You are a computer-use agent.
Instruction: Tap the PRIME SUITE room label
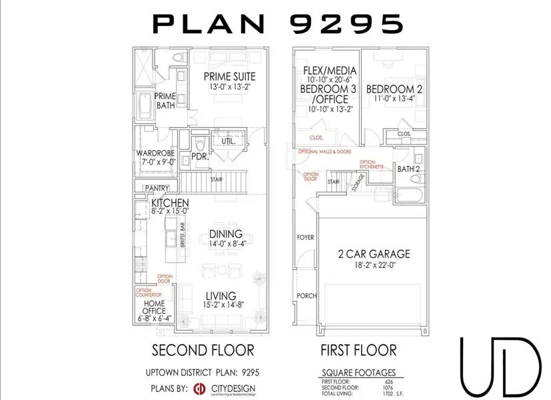[229, 76]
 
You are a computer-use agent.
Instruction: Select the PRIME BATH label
[166, 101]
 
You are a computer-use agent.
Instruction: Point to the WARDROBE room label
[155, 152]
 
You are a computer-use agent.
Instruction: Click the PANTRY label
[157, 189]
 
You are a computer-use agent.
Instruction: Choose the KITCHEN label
[170, 203]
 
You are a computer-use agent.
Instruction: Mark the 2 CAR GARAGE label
[372, 254]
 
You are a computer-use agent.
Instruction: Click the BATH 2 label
[408, 169]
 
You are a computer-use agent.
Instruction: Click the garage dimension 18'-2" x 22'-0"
[372, 265]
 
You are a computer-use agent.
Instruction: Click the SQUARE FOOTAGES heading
[359, 373]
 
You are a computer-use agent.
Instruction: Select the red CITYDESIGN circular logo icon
[198, 389]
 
